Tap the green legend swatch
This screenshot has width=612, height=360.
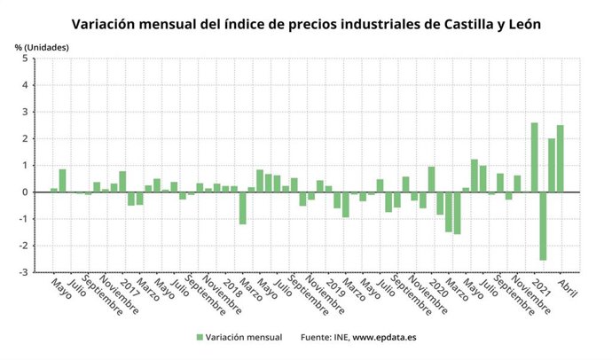[199, 337]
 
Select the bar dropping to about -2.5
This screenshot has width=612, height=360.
[543, 226]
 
